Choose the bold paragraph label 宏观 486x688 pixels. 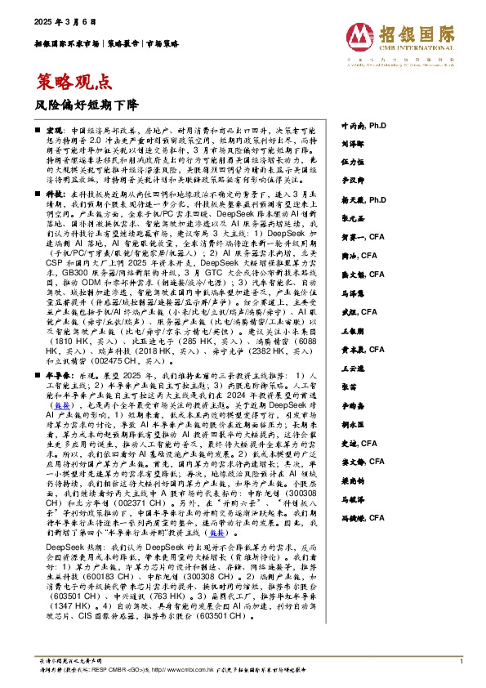click(x=53, y=131)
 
